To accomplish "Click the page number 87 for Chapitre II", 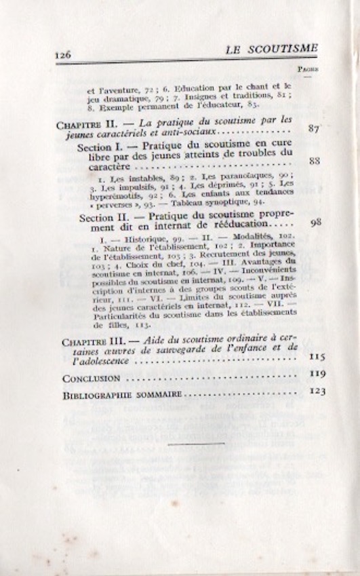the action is coord(313,129).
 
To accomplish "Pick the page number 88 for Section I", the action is coord(313,161).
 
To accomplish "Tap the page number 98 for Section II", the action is coord(313,223).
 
